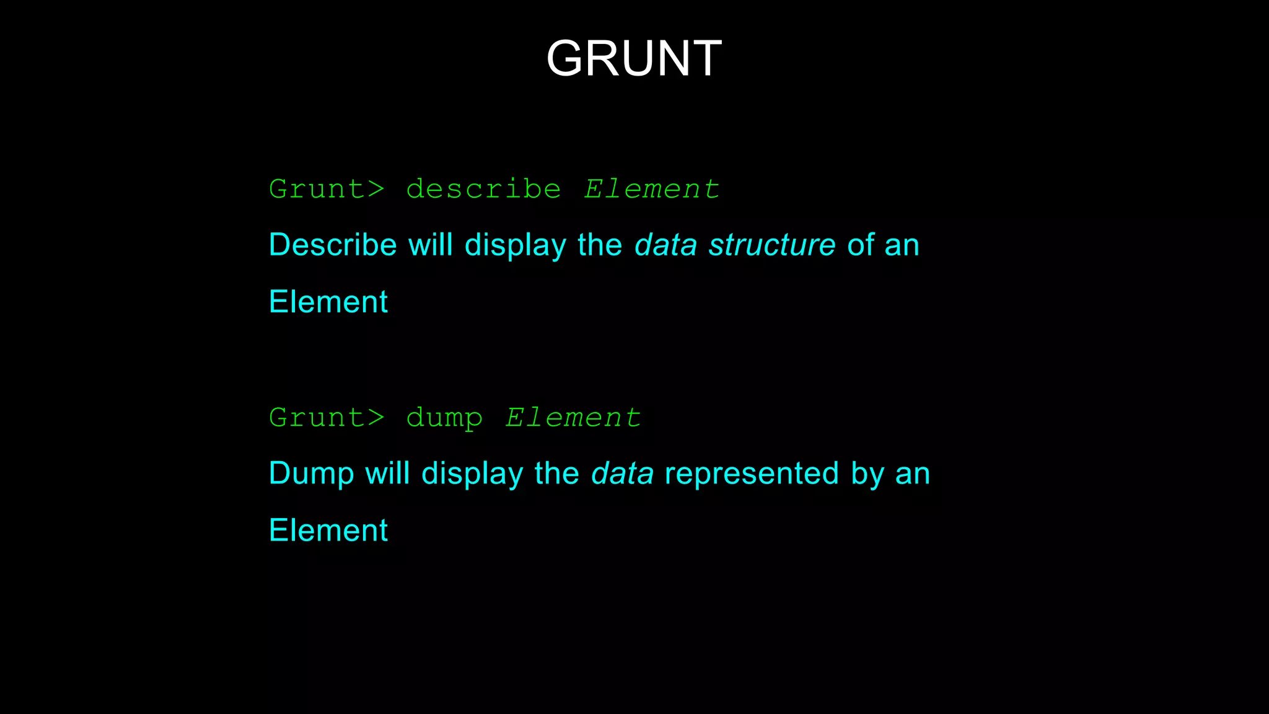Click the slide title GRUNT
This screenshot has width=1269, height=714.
pyautogui.click(x=634, y=58)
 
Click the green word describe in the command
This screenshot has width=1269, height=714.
pyautogui.click(x=483, y=189)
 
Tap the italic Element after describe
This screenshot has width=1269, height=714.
pyautogui.click(x=652, y=189)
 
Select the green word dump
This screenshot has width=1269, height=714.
pyautogui.click(x=444, y=418)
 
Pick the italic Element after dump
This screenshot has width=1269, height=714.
pyautogui.click(x=573, y=418)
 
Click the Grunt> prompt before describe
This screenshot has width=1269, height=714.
pyautogui.click(x=327, y=189)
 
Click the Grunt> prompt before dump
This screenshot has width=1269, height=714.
pyautogui.click(x=327, y=418)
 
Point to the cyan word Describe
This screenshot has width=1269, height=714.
pyautogui.click(x=333, y=245)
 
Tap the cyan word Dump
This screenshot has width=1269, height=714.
pyautogui.click(x=311, y=474)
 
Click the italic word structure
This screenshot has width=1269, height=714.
pyautogui.click(x=772, y=245)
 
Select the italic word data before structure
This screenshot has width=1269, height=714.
pyautogui.click(x=666, y=245)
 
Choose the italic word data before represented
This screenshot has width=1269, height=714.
pyautogui.click(x=622, y=474)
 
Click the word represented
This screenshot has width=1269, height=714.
pyautogui.click(x=752, y=474)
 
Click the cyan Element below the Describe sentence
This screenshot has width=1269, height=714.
pyautogui.click(x=328, y=302)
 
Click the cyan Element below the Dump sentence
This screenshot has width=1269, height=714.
pyautogui.click(x=328, y=531)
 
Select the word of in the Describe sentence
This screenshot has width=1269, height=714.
pyautogui.click(x=860, y=245)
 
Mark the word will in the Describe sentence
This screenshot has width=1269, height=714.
pyautogui.click(x=431, y=245)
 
